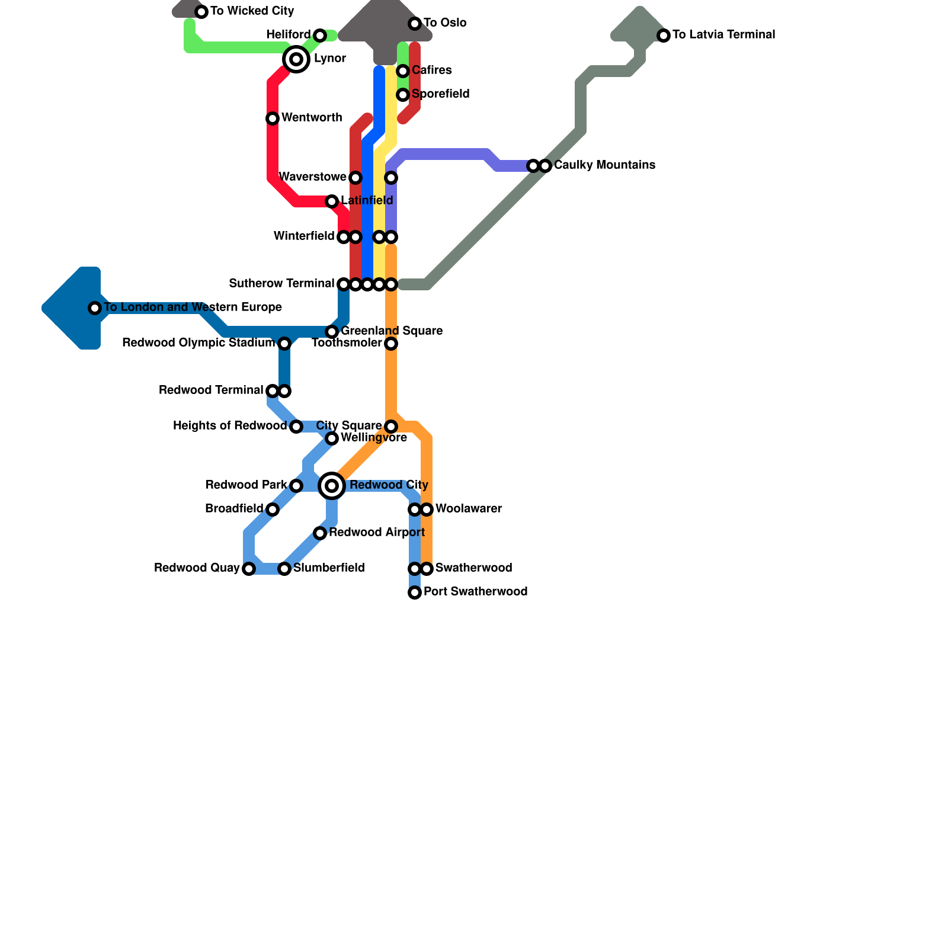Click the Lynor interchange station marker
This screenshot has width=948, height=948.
[x=296, y=59]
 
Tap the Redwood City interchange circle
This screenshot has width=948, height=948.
[x=332, y=486]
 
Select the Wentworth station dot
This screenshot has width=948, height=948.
[x=273, y=118]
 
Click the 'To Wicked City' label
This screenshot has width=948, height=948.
[x=252, y=11]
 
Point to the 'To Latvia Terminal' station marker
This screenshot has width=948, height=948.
[x=664, y=36]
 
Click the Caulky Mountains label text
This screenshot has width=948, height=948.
[x=604, y=165]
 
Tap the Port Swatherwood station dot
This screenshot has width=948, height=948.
[x=415, y=592]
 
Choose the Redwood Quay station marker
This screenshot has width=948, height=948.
[x=249, y=569]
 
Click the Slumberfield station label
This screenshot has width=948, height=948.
[x=329, y=568]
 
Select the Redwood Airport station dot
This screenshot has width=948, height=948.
[x=320, y=533]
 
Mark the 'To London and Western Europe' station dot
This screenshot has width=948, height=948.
[x=95, y=308]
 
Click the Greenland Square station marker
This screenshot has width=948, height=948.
[x=332, y=332]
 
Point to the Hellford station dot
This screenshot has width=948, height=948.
[x=320, y=36]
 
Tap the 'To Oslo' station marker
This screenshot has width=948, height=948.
[x=415, y=24]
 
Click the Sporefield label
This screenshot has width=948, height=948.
[x=440, y=94]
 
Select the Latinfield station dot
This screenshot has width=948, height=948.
[x=332, y=201]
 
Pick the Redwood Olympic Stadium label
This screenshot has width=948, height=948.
[x=198, y=343]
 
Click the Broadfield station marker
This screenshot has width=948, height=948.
[x=273, y=510]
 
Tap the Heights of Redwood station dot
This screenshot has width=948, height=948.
[x=296, y=427]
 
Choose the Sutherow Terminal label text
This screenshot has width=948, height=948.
[x=281, y=284]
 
